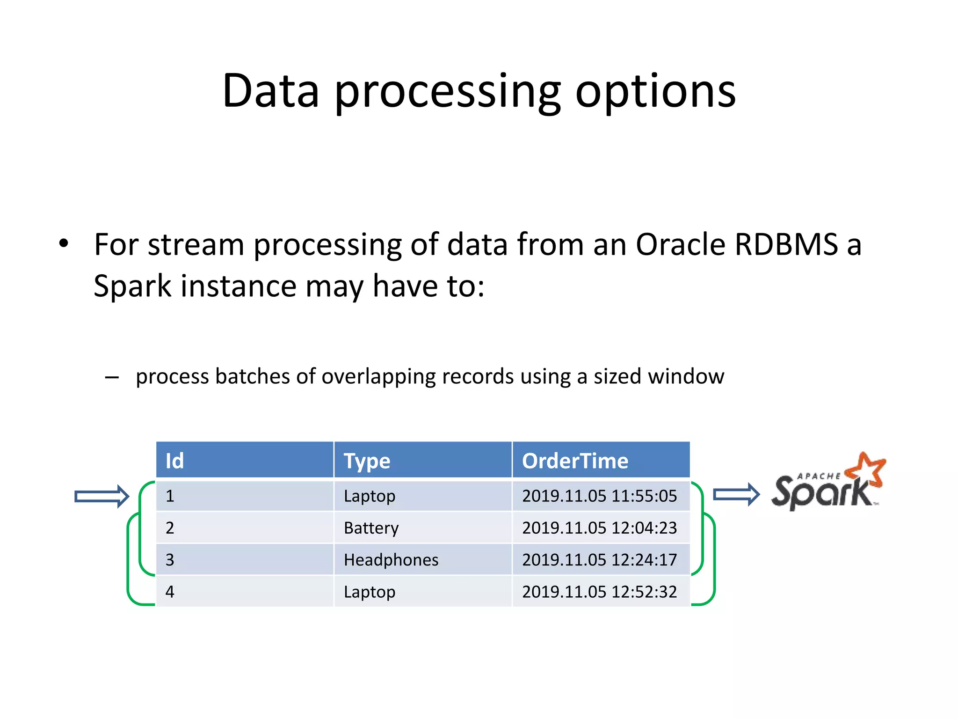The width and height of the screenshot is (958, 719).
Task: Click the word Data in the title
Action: pos(270,91)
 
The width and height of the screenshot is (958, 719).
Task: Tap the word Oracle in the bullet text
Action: pos(680,244)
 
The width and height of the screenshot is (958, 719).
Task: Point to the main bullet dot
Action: pos(64,243)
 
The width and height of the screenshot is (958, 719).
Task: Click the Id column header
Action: pos(175,461)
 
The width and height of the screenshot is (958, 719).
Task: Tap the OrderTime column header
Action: pos(575,461)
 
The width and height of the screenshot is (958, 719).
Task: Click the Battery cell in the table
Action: pos(371,528)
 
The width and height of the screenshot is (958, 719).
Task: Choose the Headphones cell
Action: pos(391,560)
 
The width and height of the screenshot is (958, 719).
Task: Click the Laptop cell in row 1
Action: pos(369,496)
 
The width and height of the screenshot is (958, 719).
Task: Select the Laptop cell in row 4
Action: pos(369,592)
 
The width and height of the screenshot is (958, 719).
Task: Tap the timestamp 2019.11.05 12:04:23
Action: pos(599,528)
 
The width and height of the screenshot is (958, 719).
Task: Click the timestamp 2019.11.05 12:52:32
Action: pos(599,592)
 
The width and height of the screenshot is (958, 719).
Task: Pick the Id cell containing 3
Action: pos(170,560)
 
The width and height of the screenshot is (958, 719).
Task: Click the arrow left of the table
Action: pos(102,496)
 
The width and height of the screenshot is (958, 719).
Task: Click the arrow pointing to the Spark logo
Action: pos(736,494)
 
